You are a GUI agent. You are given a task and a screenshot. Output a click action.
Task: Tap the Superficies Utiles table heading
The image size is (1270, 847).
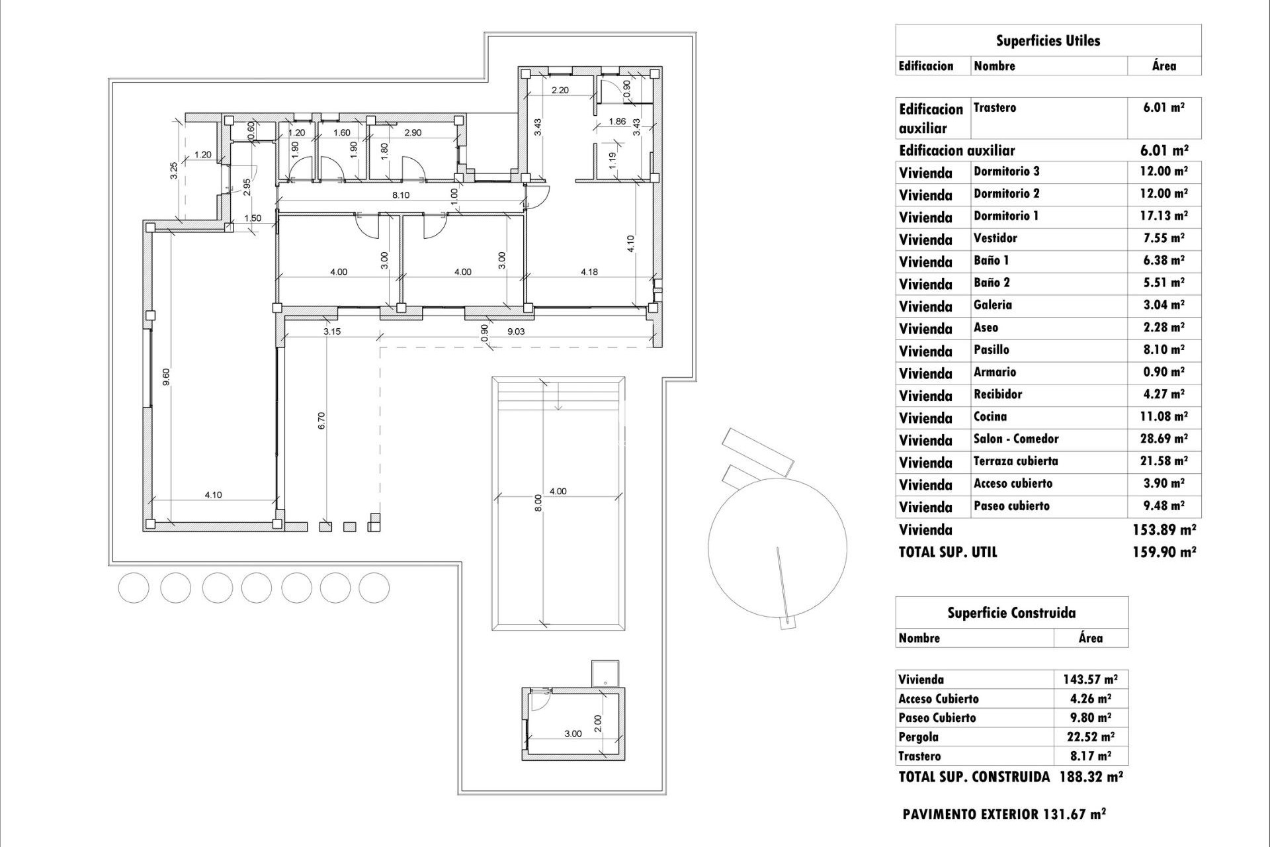click(1048, 41)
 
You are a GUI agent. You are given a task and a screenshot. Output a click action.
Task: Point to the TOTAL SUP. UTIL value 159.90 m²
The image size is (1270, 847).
click(1164, 552)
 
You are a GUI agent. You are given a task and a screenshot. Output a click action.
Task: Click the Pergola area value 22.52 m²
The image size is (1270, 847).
click(1090, 736)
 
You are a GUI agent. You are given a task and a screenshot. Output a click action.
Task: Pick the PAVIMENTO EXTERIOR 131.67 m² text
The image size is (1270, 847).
click(1003, 815)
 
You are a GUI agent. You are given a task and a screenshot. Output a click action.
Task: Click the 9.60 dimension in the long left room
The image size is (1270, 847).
click(167, 377)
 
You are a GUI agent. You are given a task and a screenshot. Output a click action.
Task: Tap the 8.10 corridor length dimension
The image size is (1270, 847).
click(400, 195)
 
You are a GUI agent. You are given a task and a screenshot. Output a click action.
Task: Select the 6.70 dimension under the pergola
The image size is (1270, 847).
click(321, 421)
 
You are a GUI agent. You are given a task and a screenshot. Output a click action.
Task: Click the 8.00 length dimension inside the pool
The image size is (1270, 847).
click(538, 503)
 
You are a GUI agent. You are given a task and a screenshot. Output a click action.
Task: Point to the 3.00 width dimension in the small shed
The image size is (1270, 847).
click(573, 734)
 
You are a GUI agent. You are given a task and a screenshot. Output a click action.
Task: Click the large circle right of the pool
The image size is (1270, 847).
click(777, 547)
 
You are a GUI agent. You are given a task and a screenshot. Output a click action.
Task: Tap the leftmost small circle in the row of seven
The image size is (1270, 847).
click(134, 588)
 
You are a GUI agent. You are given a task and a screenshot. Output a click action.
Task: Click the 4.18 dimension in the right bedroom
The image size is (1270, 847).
click(589, 271)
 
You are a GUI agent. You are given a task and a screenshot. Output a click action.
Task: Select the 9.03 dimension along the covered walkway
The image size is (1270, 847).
click(515, 332)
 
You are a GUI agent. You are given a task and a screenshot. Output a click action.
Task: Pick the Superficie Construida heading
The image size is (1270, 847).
click(1011, 613)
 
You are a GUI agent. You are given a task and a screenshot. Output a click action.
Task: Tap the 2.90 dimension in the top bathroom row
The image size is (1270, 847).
click(412, 132)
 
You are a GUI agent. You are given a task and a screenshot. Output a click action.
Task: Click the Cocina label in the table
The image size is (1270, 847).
click(990, 417)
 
